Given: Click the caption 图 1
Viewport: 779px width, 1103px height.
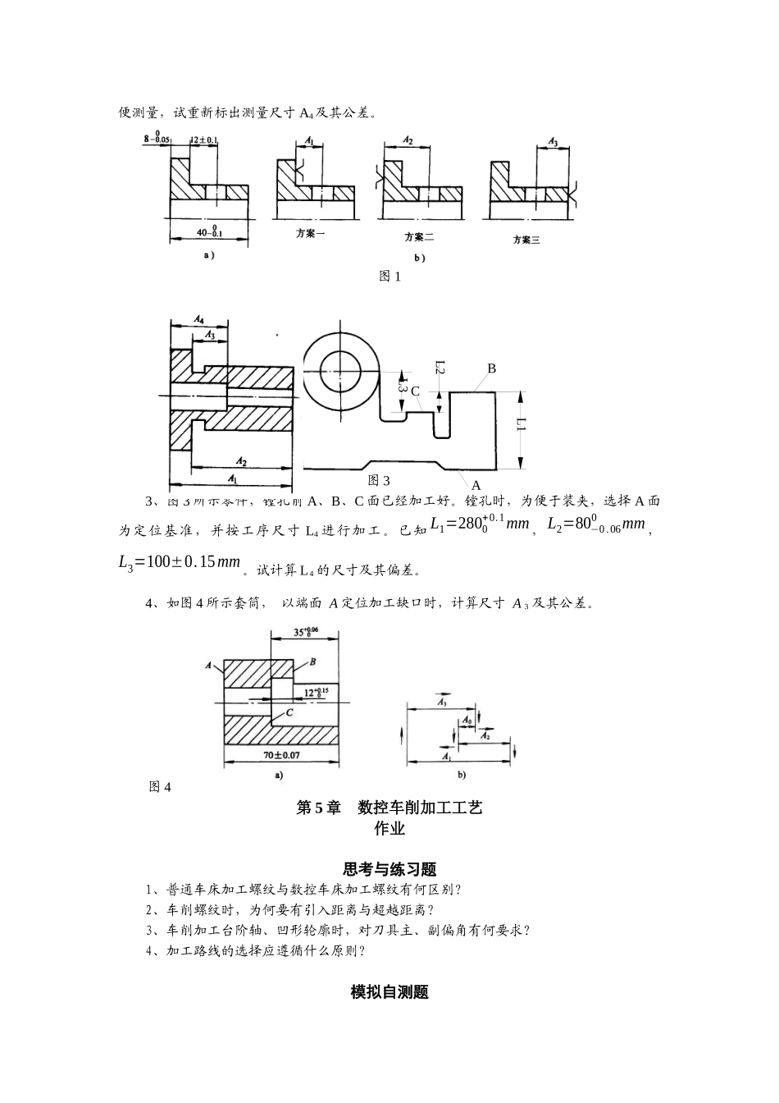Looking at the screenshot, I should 389,277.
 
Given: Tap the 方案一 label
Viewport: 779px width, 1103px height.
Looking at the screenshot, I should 311,233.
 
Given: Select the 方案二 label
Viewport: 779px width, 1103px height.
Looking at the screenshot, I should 419,237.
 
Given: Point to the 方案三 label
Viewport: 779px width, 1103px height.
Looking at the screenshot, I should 526,240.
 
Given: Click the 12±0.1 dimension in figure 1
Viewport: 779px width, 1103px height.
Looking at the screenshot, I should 204,140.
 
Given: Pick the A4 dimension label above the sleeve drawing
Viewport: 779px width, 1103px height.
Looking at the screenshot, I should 199,318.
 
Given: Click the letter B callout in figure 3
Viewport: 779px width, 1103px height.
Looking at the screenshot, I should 492,368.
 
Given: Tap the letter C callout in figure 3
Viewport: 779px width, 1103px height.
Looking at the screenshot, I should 415,391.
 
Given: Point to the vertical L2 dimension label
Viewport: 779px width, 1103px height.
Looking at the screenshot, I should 440,370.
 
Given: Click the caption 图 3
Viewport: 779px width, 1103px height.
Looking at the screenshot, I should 379,480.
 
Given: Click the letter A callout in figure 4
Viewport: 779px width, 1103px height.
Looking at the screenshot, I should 209,664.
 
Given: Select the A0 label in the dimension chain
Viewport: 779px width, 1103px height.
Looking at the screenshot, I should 467,720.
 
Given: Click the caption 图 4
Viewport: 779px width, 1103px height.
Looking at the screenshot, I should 160,787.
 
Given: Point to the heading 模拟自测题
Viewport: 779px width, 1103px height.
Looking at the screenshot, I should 389,992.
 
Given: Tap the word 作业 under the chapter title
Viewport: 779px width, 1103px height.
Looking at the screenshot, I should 389,829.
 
